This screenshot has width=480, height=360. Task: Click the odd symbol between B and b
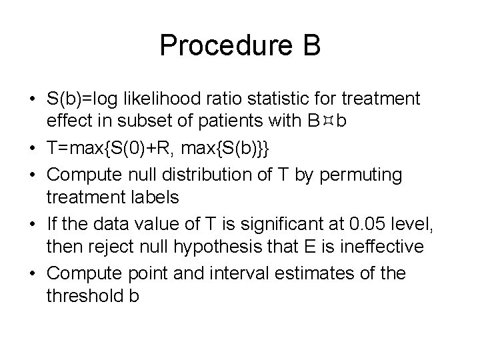coord(326,120)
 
